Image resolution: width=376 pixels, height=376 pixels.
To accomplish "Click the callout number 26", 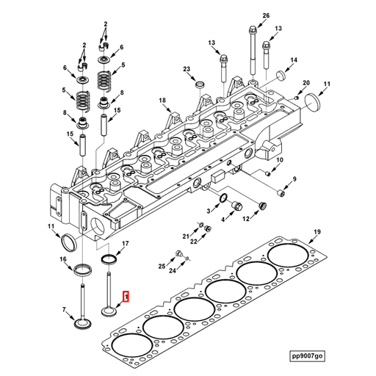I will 266,15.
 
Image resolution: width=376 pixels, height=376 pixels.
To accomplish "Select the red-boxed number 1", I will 126,297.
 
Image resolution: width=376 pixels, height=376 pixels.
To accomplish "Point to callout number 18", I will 163,100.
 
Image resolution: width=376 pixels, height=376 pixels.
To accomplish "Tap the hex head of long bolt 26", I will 253,30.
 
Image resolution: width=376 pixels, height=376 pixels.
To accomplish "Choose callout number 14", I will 293,59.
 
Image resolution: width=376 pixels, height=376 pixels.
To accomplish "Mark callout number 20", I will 306,83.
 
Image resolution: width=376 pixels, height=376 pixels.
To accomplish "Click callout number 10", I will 279,159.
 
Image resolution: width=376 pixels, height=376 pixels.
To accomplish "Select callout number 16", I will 63,259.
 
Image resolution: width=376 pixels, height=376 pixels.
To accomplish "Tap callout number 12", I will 247,218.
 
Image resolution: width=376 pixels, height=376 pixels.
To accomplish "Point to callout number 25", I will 162,266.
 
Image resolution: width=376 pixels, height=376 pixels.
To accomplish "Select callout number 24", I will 173,271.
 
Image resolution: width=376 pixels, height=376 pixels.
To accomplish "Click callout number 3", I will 209,211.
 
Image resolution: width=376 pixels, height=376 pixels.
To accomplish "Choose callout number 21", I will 187,236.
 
